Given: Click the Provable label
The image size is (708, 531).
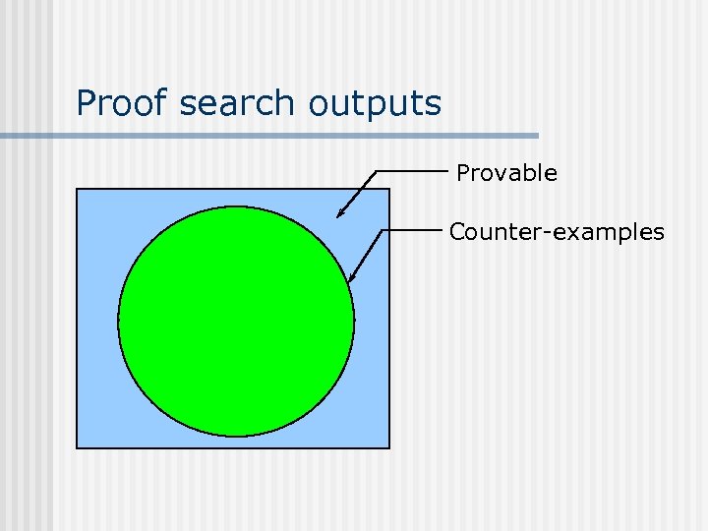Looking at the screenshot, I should pyautogui.click(x=506, y=174).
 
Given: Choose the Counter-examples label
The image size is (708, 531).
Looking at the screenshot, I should pyautogui.click(x=557, y=233).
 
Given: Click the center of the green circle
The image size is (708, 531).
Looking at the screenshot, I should pyautogui.click(x=236, y=321).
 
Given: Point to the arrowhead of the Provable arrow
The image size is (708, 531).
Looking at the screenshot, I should pyautogui.click(x=337, y=215).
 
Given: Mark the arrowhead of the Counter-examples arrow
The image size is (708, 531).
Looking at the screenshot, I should pyautogui.click(x=350, y=281).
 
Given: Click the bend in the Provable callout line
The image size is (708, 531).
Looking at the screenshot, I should pyautogui.click(x=377, y=171).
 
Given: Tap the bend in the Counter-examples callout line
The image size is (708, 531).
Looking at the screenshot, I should pyautogui.click(x=383, y=230).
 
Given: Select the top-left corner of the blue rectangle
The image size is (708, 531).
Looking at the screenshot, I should pyautogui.click(x=77, y=188).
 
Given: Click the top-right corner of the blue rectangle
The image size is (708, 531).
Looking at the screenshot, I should pyautogui.click(x=389, y=188).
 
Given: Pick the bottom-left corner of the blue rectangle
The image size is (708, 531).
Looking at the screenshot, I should pyautogui.click(x=77, y=448).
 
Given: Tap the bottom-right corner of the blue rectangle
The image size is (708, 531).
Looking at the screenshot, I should pyautogui.click(x=389, y=448).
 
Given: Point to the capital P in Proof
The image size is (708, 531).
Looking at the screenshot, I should pyautogui.click(x=86, y=103).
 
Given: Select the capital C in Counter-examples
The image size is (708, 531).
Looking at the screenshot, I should pyautogui.click(x=457, y=233).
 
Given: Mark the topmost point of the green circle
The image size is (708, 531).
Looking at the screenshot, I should pyautogui.click(x=236, y=206).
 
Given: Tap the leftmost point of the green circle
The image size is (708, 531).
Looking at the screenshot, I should pyautogui.click(x=118, y=321).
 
